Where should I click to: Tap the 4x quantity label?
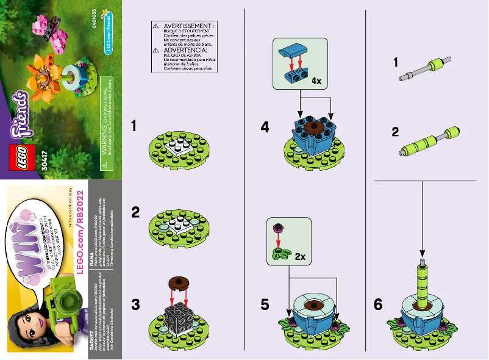click(x=316, y=80)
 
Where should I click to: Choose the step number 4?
click(x=265, y=128)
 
